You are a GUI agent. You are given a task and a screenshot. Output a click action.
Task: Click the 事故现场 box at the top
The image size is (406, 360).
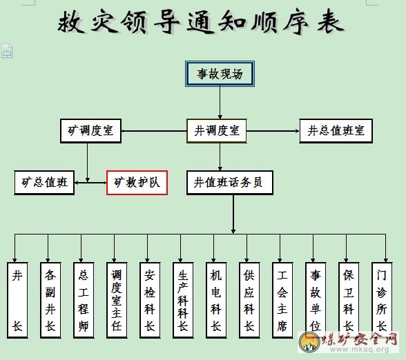[220, 74]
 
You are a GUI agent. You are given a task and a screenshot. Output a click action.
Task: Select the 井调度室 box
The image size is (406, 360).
[217, 130]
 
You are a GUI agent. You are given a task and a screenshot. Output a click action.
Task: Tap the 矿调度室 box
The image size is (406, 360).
[90, 130]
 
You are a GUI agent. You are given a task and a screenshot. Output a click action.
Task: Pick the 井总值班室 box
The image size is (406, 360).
[336, 130]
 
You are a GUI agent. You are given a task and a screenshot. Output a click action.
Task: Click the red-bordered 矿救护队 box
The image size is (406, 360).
[137, 183]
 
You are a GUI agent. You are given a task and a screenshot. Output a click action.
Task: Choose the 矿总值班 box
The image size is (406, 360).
[44, 183]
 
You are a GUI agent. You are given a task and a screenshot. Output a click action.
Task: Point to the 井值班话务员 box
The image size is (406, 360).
[230, 183]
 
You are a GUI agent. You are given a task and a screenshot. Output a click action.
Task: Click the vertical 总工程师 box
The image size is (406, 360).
[84, 300]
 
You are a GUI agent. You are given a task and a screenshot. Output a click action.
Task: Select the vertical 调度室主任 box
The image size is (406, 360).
[117, 300]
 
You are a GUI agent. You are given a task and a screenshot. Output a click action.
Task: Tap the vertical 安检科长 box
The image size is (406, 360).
[150, 300]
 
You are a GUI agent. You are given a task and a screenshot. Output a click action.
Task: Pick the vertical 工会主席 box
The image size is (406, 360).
[282, 300]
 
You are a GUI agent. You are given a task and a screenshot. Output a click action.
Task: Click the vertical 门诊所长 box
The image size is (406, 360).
[382, 300]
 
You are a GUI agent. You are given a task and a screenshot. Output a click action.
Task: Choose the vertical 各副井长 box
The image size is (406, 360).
[50, 300]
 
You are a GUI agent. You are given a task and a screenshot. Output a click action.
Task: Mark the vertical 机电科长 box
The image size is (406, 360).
[216, 300]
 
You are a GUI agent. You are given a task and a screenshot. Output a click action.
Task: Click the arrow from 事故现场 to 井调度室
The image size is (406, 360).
[220, 103]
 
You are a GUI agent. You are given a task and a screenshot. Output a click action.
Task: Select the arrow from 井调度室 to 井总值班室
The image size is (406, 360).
[273, 131]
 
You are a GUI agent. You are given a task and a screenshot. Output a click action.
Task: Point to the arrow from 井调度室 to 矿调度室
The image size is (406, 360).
[154, 131]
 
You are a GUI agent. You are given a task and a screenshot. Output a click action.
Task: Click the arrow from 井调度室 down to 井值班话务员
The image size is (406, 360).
[220, 157]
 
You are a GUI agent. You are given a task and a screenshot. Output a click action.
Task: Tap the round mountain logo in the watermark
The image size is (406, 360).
[309, 341]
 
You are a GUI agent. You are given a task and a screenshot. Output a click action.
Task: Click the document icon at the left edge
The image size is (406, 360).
[7, 51]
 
